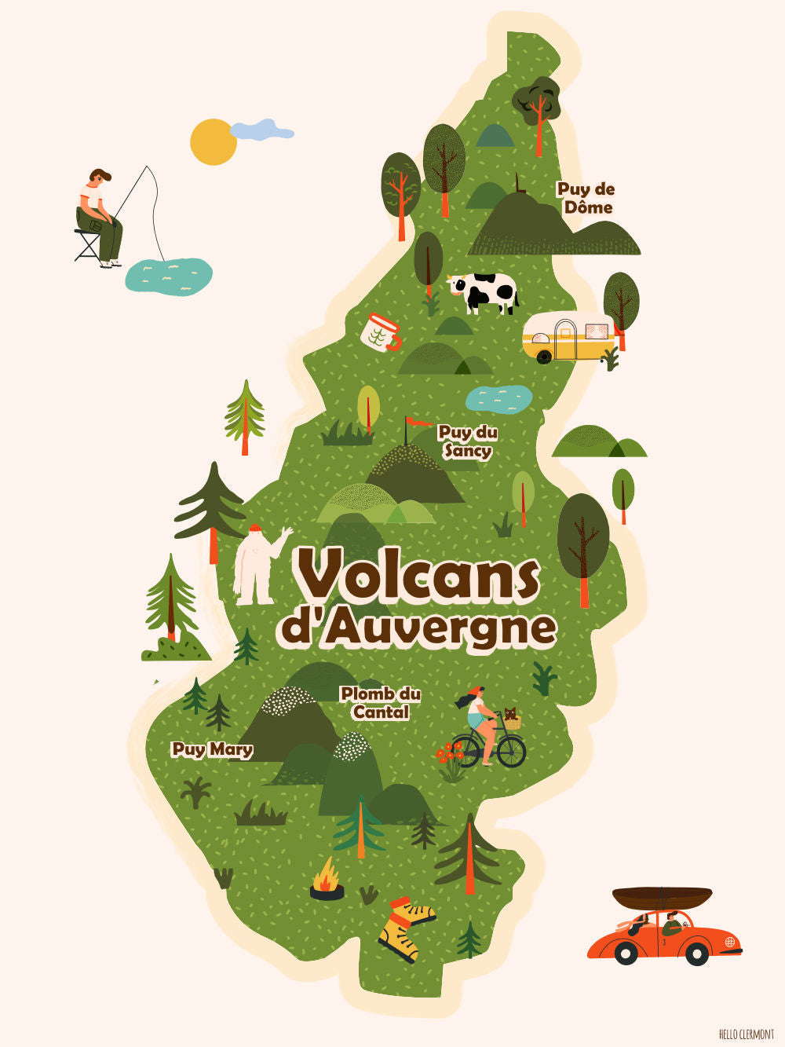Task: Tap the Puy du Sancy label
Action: click(468, 441)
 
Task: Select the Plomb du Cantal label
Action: click(381, 703)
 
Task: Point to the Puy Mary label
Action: click(212, 749)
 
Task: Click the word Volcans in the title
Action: click(418, 576)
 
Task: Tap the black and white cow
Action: click(485, 291)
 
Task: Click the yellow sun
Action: click(212, 143)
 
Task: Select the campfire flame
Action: click(327, 874)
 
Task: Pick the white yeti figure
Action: click(256, 564)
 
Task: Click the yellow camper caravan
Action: click(568, 336)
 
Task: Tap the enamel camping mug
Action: click(381, 332)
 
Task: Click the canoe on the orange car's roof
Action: click(662, 897)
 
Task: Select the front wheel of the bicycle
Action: click(511, 752)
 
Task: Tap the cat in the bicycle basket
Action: click(510, 716)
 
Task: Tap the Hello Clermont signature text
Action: click(746, 1034)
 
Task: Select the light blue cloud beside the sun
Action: click(261, 130)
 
